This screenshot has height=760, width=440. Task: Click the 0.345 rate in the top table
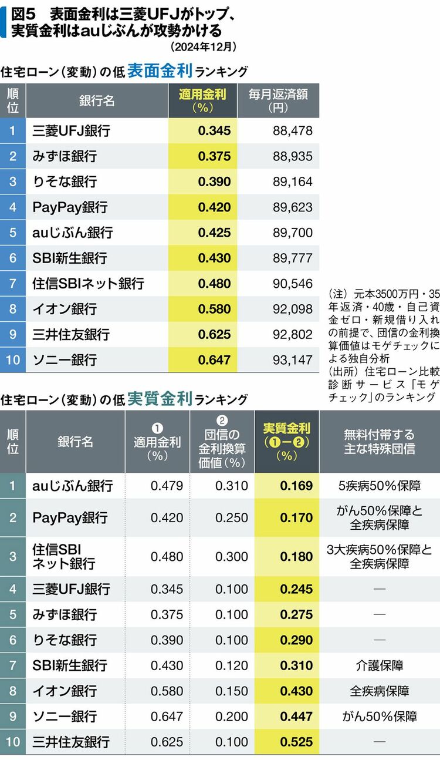point(214,131)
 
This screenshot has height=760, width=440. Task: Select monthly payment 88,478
point(292,131)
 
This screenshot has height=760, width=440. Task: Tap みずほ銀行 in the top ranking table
point(65,157)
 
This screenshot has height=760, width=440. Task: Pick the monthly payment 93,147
point(292,359)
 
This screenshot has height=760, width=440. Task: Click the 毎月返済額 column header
point(278,101)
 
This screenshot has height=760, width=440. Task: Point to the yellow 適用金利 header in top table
point(202,101)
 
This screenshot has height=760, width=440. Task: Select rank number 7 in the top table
point(13,284)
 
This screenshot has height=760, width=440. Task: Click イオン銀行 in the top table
point(65,309)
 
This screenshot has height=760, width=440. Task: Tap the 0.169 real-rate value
point(296,486)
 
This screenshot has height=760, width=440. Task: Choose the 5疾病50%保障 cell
point(380,486)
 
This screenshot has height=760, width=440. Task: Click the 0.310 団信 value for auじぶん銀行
point(231,486)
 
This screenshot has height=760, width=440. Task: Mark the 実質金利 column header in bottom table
point(287,441)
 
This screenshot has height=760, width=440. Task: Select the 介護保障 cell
point(380,665)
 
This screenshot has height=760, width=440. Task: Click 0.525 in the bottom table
point(296,742)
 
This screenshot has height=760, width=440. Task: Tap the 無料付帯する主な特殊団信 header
point(380,441)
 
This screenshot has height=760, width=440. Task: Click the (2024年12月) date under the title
point(203,46)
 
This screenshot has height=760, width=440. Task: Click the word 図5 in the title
point(25,12)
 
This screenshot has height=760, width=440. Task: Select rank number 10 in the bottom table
point(13,742)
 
